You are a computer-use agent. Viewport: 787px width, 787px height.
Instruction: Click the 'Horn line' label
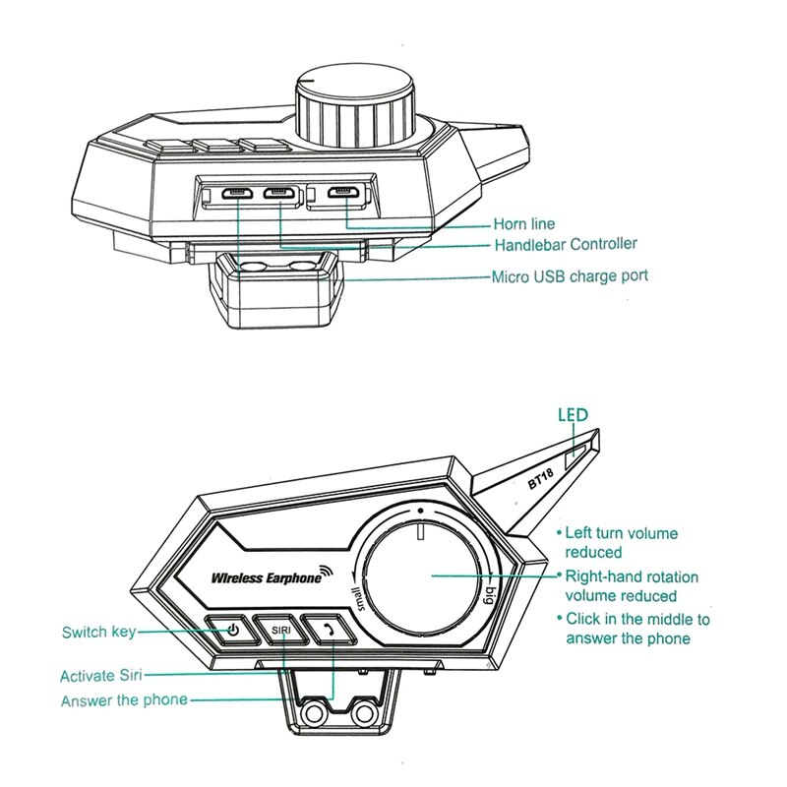523,225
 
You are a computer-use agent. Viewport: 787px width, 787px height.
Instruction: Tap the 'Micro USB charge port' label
570,276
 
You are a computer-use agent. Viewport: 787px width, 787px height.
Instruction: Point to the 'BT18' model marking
543,479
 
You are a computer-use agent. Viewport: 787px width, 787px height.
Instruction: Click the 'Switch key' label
98,632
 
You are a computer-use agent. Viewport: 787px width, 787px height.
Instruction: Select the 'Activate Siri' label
102,676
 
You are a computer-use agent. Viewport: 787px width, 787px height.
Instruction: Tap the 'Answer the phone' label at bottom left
124,701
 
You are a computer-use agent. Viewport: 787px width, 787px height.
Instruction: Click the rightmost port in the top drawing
341,193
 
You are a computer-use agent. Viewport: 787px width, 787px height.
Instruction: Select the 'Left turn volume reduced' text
621,542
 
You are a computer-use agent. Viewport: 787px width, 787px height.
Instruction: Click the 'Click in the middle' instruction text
636,629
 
